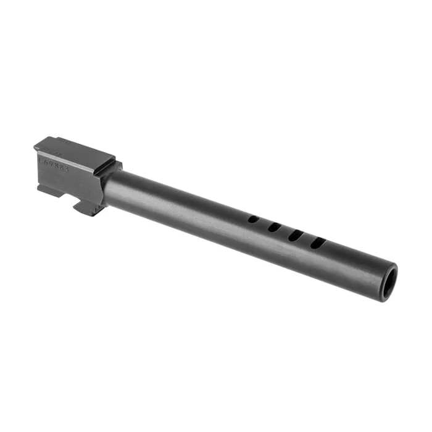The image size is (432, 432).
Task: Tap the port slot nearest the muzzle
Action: coord(318,243)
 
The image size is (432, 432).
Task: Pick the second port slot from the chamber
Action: coord(275,227)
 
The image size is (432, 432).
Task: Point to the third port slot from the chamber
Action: coord(296,235)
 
